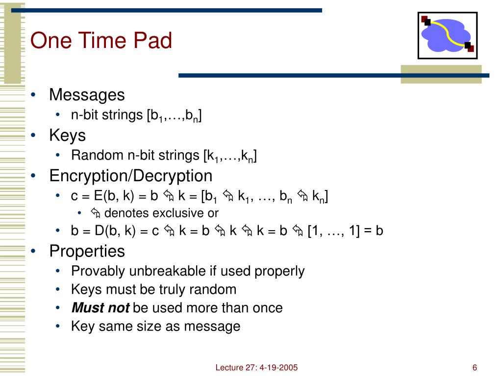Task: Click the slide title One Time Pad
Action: [x=101, y=41]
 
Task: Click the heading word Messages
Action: [x=87, y=94]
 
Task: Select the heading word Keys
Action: [x=67, y=135]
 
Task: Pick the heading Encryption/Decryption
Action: [x=130, y=175]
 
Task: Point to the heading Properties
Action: [x=87, y=251]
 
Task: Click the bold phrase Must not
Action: [x=100, y=308]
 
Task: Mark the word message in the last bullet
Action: [x=214, y=326]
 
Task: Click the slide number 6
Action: [x=475, y=368]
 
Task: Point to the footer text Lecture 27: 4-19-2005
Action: [x=256, y=368]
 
